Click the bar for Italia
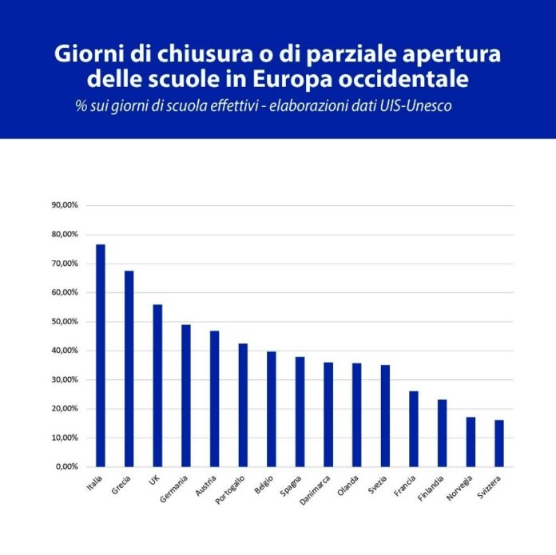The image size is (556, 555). click(x=101, y=355)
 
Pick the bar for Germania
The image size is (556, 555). click(x=185, y=395)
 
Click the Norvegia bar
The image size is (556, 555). click(x=471, y=442)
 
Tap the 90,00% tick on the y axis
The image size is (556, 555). click(x=65, y=205)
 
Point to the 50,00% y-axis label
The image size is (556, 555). click(x=65, y=322)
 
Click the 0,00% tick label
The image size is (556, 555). click(x=67, y=467)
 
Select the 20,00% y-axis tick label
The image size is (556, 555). click(x=65, y=409)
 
